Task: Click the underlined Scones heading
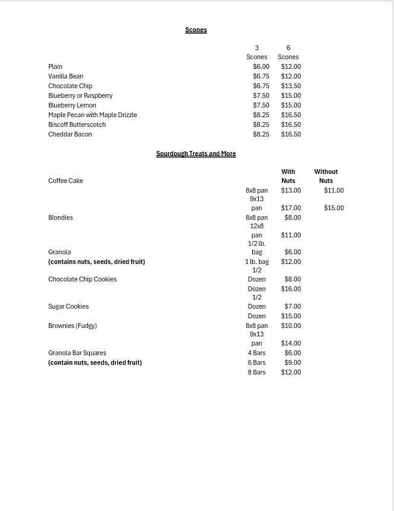click(x=196, y=30)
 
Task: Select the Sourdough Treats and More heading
click(x=196, y=153)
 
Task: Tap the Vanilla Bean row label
click(x=66, y=76)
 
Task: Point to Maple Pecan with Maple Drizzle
click(x=92, y=115)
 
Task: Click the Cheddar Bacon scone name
click(x=70, y=134)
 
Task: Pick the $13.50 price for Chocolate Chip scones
click(x=291, y=86)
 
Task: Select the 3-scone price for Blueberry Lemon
click(x=261, y=105)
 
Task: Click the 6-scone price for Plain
click(x=291, y=66)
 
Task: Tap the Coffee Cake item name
click(x=66, y=181)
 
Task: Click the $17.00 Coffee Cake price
click(x=291, y=208)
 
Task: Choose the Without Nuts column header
click(x=326, y=176)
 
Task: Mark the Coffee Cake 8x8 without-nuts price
click(x=334, y=190)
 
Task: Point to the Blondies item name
click(x=60, y=217)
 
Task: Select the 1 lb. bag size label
click(x=256, y=262)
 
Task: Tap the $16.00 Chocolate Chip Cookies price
click(x=291, y=289)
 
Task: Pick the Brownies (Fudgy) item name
click(x=72, y=326)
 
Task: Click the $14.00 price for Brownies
click(x=291, y=343)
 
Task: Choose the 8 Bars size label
click(x=256, y=372)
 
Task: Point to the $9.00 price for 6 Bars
click(x=293, y=362)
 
